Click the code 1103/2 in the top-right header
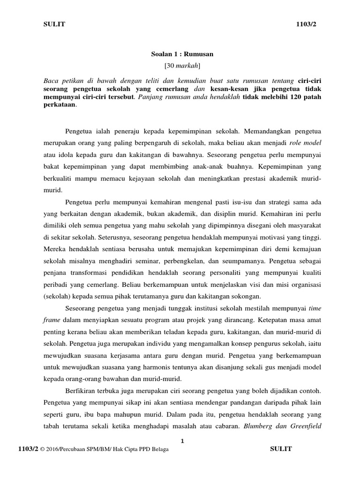307,25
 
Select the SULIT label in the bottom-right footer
281,449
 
